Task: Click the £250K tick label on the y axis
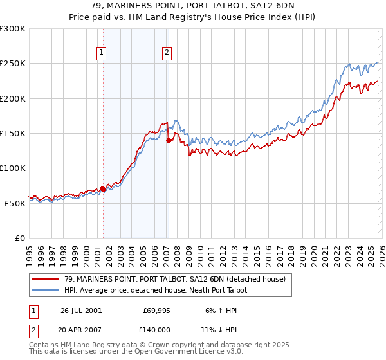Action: [x=13, y=64]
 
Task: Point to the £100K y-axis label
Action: [x=13, y=168]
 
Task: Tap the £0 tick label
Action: [x=21, y=238]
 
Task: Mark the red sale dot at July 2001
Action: [x=103, y=189]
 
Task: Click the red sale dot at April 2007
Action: [x=169, y=140]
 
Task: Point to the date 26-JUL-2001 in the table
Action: [x=80, y=310]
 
